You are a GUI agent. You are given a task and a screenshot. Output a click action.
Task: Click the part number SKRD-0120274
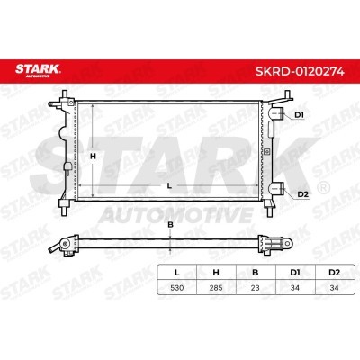pos(300,72)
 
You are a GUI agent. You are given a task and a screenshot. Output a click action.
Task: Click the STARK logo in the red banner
pos(38,70)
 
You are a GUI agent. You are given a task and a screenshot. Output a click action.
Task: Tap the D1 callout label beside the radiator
pos(299,115)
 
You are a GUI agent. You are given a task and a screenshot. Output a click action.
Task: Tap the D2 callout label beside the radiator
pos(303,194)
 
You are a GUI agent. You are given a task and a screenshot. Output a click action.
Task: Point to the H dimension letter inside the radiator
pos(94,157)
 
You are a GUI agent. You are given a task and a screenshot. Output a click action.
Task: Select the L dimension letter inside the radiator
pos(169,186)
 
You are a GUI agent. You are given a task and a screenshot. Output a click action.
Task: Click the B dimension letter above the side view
pos(170,224)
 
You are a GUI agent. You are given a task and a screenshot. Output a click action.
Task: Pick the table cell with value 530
pos(177,288)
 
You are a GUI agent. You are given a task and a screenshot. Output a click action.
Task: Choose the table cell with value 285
pos(216,288)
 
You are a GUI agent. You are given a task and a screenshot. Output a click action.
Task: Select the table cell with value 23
pos(256,288)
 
